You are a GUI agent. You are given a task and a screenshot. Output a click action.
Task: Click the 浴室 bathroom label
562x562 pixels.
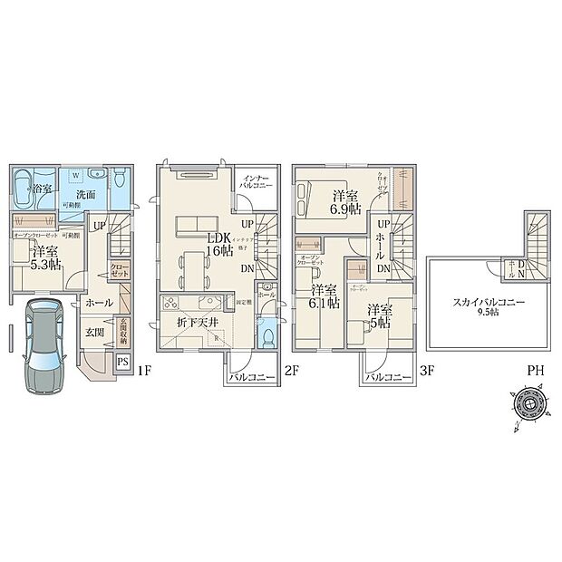point(41,189)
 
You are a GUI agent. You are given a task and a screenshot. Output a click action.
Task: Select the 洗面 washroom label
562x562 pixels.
point(86,194)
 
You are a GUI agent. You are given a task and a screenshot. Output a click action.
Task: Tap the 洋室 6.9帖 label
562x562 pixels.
point(345,201)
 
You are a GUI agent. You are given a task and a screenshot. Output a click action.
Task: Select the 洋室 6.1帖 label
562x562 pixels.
point(323,297)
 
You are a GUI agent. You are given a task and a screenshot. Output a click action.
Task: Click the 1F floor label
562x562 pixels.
point(144,372)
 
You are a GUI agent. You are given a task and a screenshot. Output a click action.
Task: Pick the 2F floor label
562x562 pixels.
point(290,372)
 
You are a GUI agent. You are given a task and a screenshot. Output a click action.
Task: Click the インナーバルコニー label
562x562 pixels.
point(254,179)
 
